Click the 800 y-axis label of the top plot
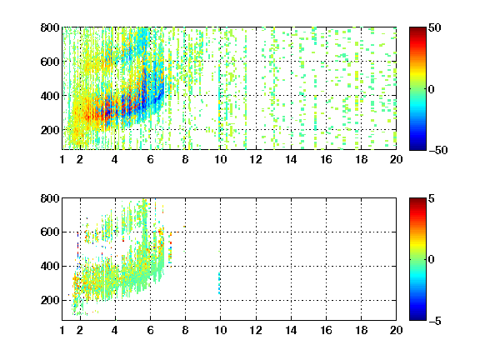(50, 27)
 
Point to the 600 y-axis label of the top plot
(50, 62)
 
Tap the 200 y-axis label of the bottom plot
(50, 300)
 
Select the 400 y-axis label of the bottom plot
(50, 266)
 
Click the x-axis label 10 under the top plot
(220, 159)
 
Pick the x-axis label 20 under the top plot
(396, 159)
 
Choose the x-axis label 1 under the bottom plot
(62, 330)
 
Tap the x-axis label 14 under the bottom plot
(291, 330)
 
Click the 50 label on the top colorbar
(435, 27)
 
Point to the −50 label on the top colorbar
(437, 150)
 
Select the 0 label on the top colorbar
(432, 89)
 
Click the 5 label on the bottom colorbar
(432, 198)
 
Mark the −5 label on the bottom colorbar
(435, 321)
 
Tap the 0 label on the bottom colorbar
(432, 260)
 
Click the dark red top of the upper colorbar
(417, 30)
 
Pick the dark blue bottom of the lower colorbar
(417, 317)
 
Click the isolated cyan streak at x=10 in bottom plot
(219, 283)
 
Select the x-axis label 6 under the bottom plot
(150, 330)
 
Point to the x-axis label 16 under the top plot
(326, 159)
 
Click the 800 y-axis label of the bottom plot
(50, 198)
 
